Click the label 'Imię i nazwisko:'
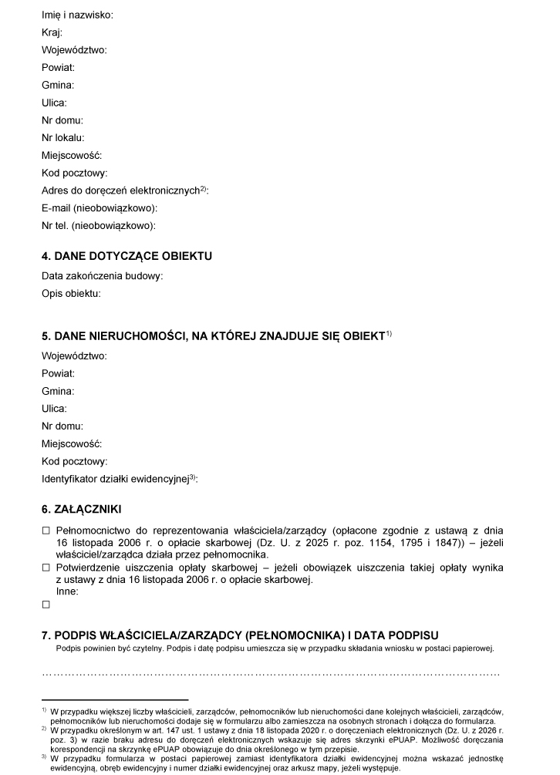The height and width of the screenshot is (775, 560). [76, 15]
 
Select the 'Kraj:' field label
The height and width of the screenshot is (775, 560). [52, 32]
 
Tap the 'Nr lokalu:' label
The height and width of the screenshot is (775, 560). [63, 138]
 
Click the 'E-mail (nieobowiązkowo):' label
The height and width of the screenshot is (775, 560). [100, 208]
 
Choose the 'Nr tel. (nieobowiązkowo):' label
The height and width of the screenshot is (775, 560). [99, 226]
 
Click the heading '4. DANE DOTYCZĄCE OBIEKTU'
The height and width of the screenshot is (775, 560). [127, 256]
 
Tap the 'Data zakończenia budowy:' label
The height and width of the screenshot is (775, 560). [103, 275]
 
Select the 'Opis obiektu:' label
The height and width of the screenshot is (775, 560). [72, 293]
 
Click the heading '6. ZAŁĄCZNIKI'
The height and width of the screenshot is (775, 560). [81, 509]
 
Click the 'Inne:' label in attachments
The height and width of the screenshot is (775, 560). [68, 592]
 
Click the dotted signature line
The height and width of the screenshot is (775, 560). [270, 673]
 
